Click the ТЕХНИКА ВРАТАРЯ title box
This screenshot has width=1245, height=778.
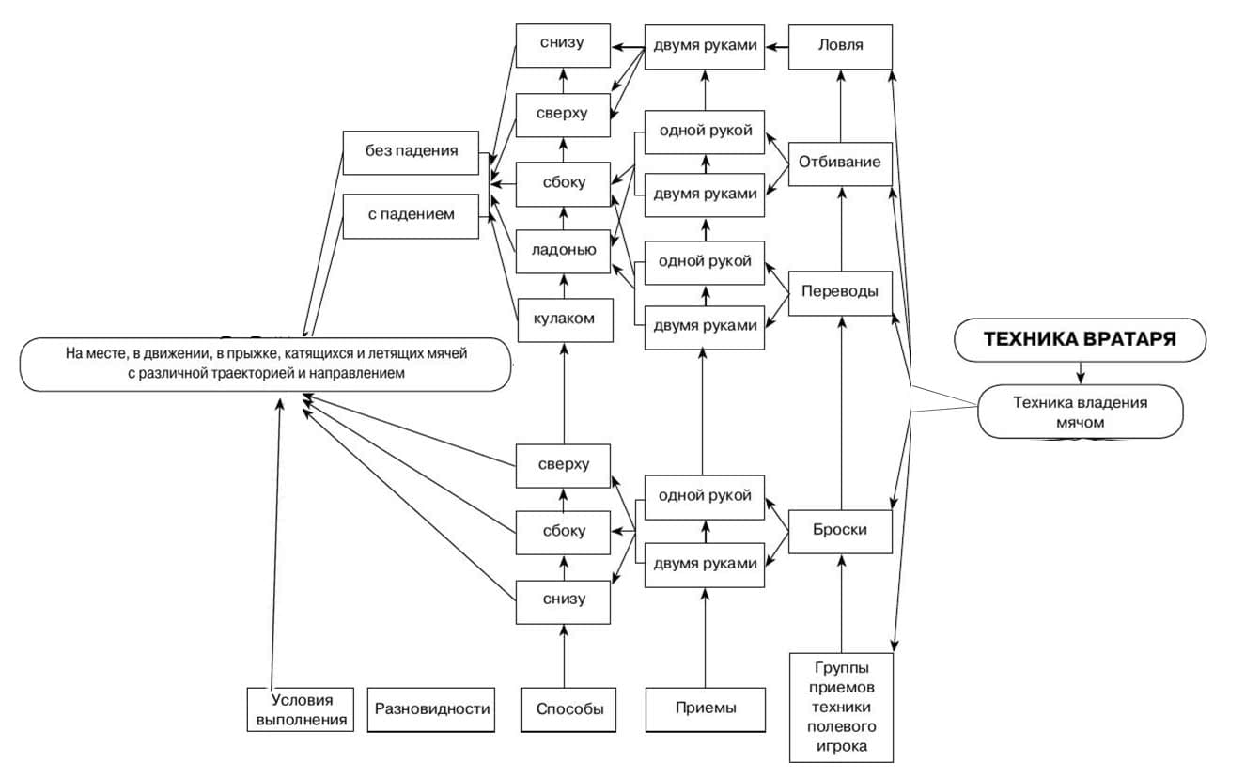1080,339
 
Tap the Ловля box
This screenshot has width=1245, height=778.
840,46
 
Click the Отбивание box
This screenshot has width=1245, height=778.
840,162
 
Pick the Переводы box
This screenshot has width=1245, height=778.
840,292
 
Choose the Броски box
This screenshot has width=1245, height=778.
840,530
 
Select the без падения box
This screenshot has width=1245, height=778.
412,150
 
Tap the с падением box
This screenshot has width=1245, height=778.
412,215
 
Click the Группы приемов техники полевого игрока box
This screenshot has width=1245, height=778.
840,708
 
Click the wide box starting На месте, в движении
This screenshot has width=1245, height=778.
266,364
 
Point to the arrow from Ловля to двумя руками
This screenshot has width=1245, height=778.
775,46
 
